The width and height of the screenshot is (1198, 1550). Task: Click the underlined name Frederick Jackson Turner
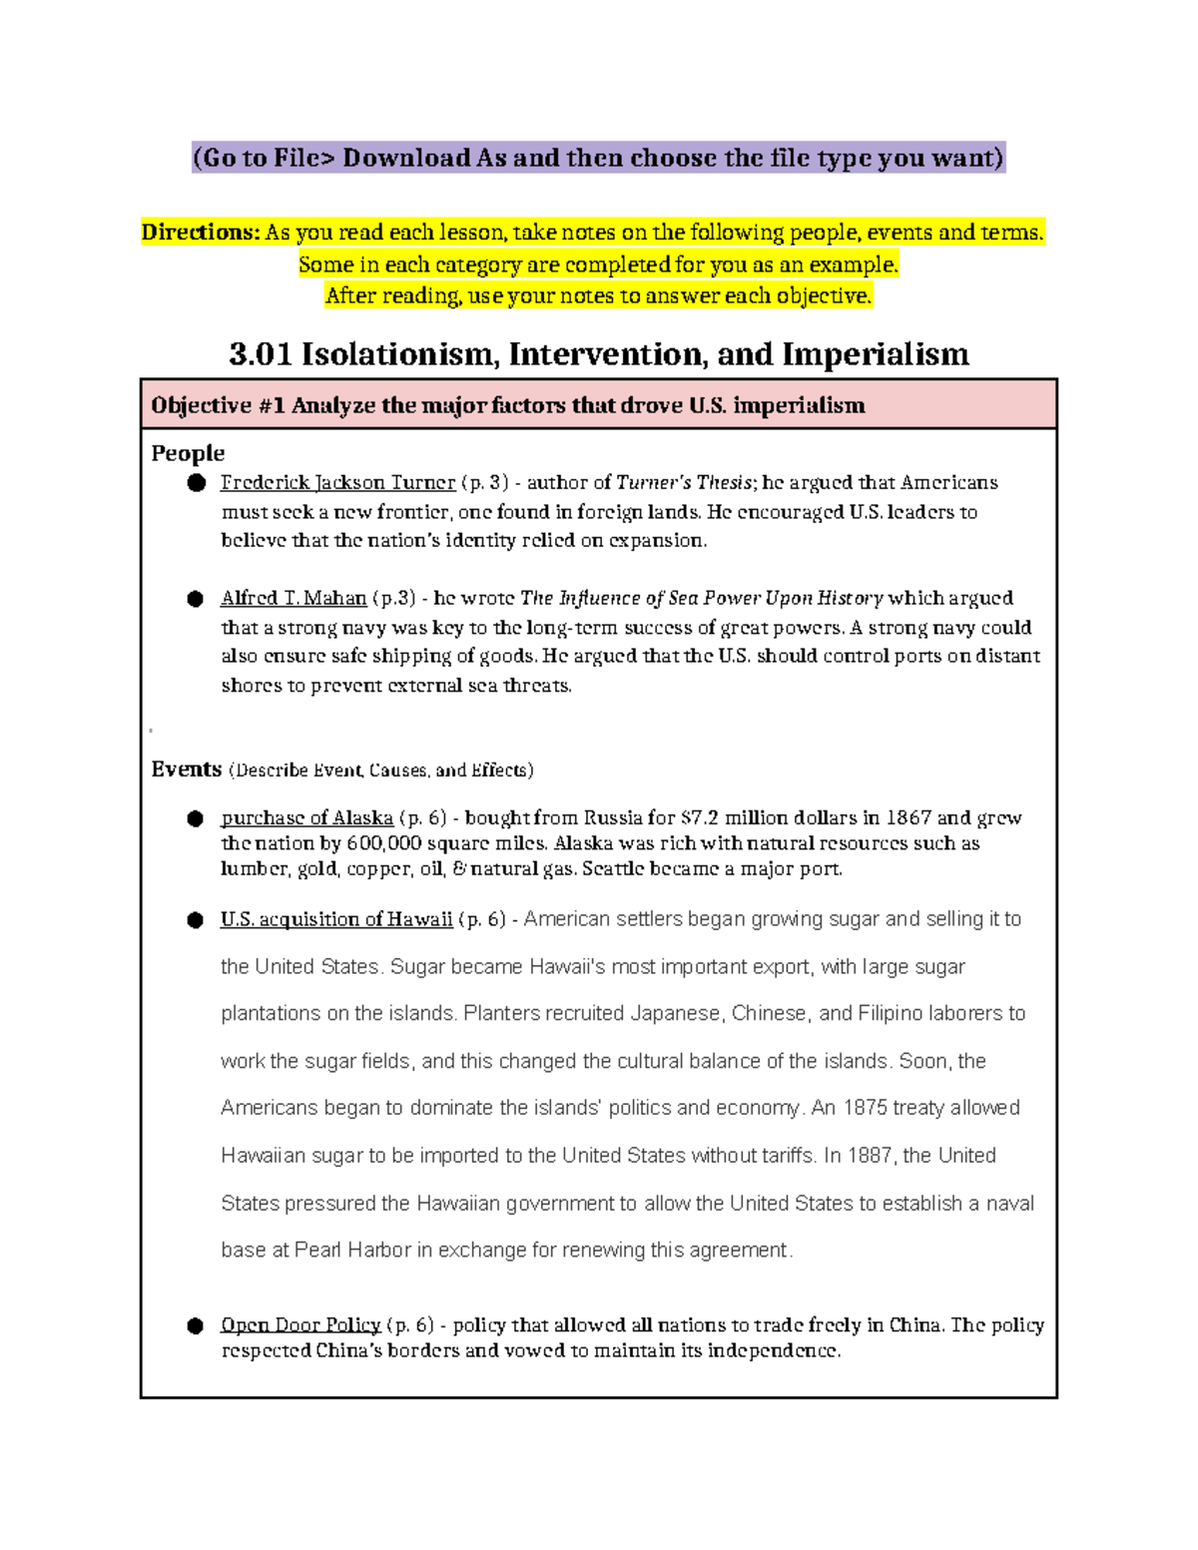pos(337,483)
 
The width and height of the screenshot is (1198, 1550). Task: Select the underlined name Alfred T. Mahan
pos(294,599)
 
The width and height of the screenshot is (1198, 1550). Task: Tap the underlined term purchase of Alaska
pos(306,818)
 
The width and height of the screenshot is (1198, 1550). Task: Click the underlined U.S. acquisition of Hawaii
pos(336,919)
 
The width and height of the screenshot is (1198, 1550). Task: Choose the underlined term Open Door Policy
pos(300,1325)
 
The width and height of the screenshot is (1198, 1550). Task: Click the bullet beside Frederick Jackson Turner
pos(196,483)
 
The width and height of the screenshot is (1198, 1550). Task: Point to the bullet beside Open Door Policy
pos(196,1325)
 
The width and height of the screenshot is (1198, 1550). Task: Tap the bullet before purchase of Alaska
pos(196,818)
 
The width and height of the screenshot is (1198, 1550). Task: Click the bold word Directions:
pos(201,234)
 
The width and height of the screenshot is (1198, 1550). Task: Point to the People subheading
pos(188,453)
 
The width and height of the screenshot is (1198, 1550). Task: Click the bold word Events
pos(187,770)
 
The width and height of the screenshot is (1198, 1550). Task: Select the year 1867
pos(908,818)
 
